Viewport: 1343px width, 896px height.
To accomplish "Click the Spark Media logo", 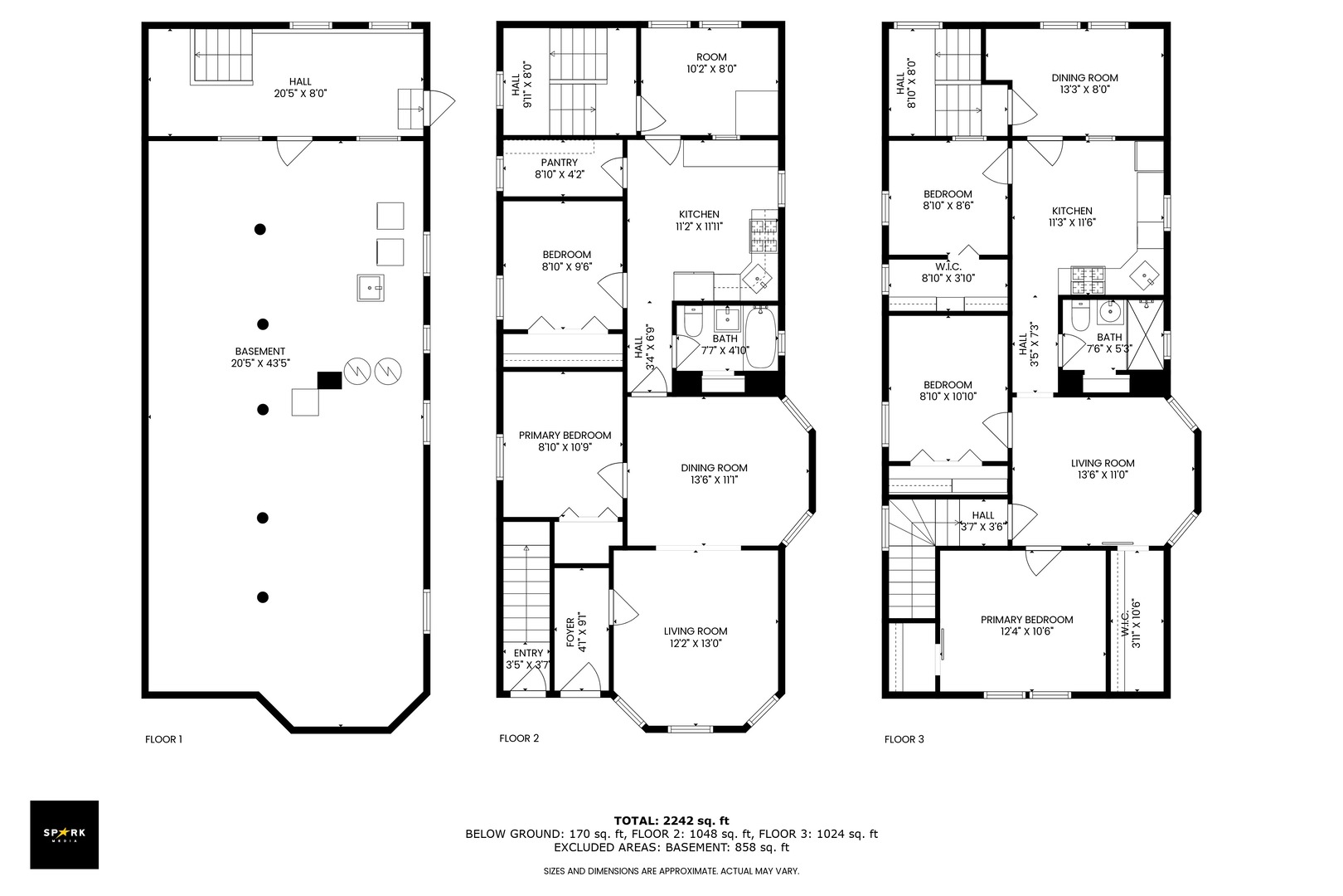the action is pos(64,834).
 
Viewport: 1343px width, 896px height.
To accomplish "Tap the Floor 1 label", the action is pos(163,739).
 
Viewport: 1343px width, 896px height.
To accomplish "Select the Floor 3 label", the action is pos(904,739).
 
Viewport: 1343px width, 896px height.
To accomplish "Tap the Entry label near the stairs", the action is pos(528,653).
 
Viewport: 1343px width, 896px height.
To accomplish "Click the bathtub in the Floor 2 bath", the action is pos(760,338).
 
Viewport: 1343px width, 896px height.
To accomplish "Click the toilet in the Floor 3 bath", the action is pos(1080,317).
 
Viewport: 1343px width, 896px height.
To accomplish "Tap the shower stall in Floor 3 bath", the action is pos(1145,335).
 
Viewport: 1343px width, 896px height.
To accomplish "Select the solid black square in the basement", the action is pos(329,381).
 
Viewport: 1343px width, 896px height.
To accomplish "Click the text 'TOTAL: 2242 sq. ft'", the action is pos(671,821).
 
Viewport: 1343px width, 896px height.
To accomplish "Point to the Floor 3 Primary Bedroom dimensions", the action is pos(1027,631).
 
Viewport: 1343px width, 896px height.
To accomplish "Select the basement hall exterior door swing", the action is pos(440,108).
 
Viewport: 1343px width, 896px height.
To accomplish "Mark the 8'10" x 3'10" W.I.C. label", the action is pos(948,272).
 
